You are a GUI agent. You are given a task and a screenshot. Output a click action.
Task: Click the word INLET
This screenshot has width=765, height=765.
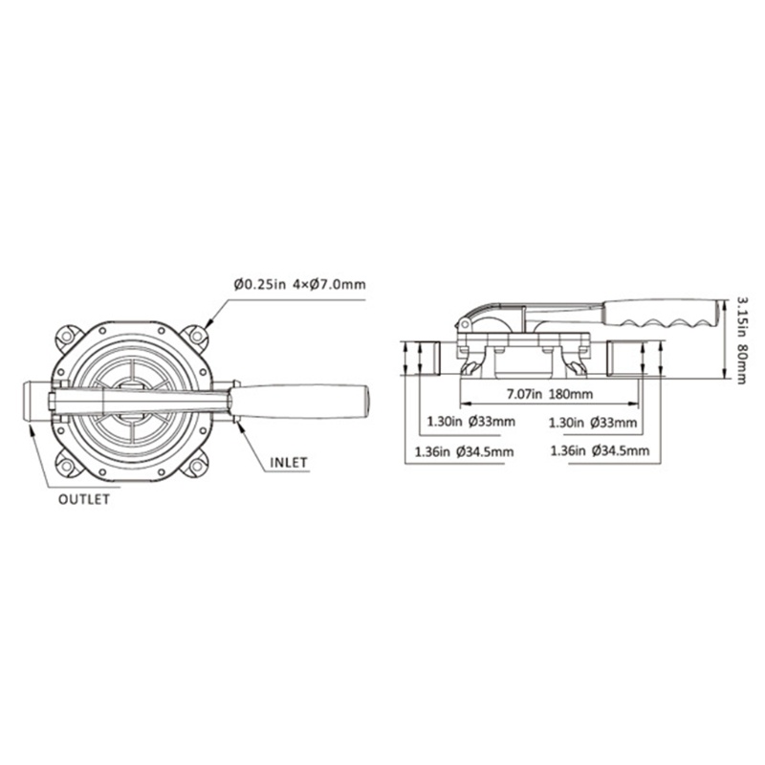tap(287, 462)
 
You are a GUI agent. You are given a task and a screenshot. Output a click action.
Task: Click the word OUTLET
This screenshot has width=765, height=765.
tap(85, 498)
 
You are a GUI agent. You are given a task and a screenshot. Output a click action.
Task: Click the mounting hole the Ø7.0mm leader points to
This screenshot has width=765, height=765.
tap(198, 337)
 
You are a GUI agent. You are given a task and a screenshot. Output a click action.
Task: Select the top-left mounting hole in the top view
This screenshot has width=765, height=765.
tap(67, 337)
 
